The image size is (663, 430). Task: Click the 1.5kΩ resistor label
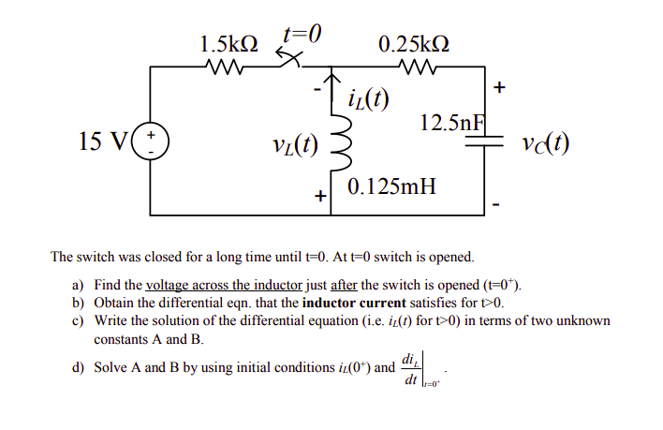tap(228, 43)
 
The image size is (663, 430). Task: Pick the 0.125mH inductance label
tap(391, 185)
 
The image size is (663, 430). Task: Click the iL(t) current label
tap(368, 96)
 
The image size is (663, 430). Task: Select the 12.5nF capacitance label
tap(454, 122)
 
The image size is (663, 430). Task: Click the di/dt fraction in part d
tap(409, 367)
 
